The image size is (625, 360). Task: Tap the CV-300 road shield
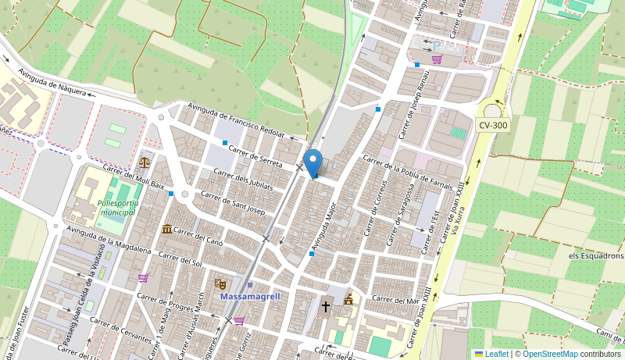click(x=493, y=125)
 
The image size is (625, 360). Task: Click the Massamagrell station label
click(x=250, y=297)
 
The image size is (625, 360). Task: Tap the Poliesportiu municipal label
click(x=117, y=207)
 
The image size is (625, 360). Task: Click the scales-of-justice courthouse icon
click(x=145, y=162)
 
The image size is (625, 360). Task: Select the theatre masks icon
click(x=220, y=284)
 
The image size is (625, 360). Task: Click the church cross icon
click(x=326, y=307)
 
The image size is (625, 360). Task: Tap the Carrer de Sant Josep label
click(x=233, y=202)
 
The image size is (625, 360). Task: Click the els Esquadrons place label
click(x=596, y=256)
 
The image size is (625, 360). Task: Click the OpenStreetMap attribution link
click(x=550, y=354)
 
